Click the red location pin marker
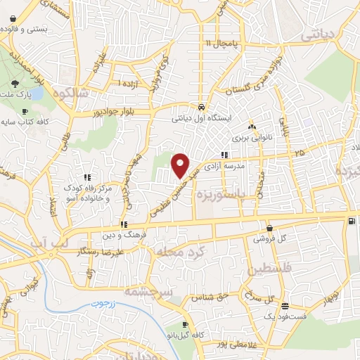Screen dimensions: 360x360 181,166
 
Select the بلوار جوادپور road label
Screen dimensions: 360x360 105,112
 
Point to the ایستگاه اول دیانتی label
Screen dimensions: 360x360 201,118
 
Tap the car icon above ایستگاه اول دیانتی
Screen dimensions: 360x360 202,108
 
